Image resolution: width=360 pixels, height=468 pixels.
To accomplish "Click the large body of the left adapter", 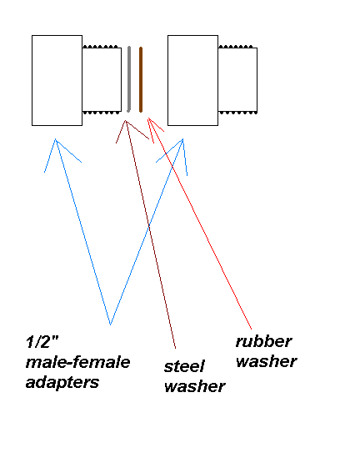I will pyautogui.click(x=57, y=80).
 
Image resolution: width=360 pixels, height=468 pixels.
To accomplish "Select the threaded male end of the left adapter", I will pyautogui.click(x=102, y=79).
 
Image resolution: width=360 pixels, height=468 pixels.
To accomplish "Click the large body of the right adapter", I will pyautogui.click(x=192, y=80).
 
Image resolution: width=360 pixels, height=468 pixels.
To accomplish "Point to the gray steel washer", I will pyautogui.click(x=129, y=79).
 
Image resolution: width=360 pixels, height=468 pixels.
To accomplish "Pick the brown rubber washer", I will pyautogui.click(x=141, y=79).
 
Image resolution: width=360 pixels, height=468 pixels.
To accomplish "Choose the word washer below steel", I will pyautogui.click(x=194, y=386).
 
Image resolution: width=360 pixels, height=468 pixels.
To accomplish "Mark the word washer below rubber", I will pyautogui.click(x=266, y=360).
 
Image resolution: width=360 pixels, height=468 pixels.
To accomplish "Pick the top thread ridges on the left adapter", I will pyautogui.click(x=102, y=46).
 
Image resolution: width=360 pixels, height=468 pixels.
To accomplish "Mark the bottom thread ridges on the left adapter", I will pyautogui.click(x=102, y=112).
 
